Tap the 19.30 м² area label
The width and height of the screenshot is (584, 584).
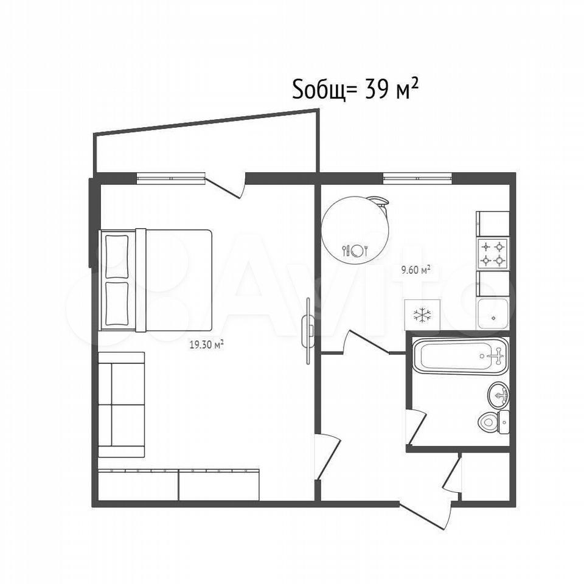pyautogui.click(x=207, y=345)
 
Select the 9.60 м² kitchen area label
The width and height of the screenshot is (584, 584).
pyautogui.click(x=415, y=269)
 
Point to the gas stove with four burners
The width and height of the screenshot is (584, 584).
pyautogui.click(x=493, y=253)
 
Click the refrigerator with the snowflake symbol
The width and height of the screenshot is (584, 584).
pyautogui.click(x=422, y=315)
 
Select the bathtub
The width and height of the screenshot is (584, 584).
pyautogui.click(x=460, y=356)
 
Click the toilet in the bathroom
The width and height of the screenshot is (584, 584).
pyautogui.click(x=493, y=422)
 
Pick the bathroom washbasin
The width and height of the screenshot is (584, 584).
pyautogui.click(x=498, y=394)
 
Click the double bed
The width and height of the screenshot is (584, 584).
pyautogui.click(x=156, y=280)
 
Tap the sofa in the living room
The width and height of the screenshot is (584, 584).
pyautogui.click(x=122, y=405)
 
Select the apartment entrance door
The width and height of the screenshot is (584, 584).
pyautogui.click(x=426, y=516)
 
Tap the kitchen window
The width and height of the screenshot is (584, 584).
pyautogui.click(x=417, y=178)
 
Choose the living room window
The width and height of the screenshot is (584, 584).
pyautogui.click(x=171, y=179)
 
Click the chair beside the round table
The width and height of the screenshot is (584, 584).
pyautogui.click(x=380, y=203)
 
